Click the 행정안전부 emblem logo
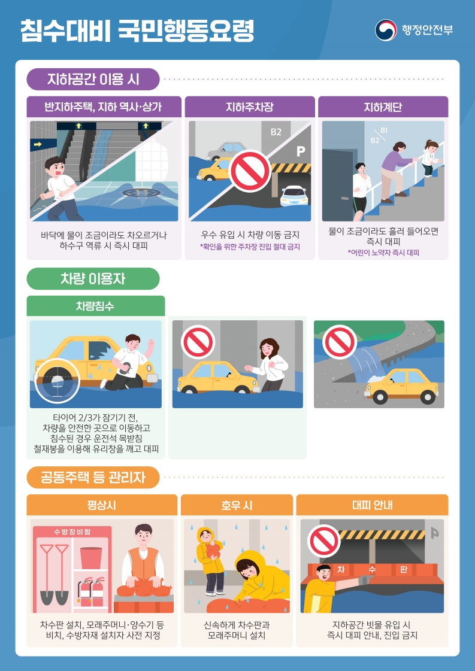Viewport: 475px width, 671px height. [x=386, y=30]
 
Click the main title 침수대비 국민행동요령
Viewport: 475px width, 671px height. [x=137, y=31]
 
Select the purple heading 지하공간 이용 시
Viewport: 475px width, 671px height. [x=93, y=79]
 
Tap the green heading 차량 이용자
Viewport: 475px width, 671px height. [x=93, y=278]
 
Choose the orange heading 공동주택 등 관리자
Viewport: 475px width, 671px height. [x=93, y=477]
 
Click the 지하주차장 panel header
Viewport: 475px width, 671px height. [x=250, y=107]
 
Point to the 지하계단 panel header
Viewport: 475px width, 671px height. [x=383, y=107]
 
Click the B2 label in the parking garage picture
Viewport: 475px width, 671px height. [x=276, y=132]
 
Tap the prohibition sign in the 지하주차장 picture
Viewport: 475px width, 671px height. [x=250, y=171]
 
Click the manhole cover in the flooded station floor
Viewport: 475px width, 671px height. [x=141, y=193]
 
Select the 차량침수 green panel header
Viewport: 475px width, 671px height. [x=95, y=306]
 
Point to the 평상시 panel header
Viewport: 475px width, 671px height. [x=102, y=505]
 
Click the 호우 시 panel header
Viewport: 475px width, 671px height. [x=237, y=505]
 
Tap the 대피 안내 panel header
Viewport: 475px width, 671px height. [x=372, y=505]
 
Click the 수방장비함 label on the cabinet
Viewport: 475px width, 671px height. [x=72, y=532]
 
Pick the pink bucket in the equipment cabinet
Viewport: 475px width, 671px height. [x=90, y=557]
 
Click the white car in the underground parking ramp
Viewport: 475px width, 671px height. [x=294, y=196]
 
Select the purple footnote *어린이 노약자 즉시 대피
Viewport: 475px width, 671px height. [x=383, y=253]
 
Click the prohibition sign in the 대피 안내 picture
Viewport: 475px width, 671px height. [x=324, y=541]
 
